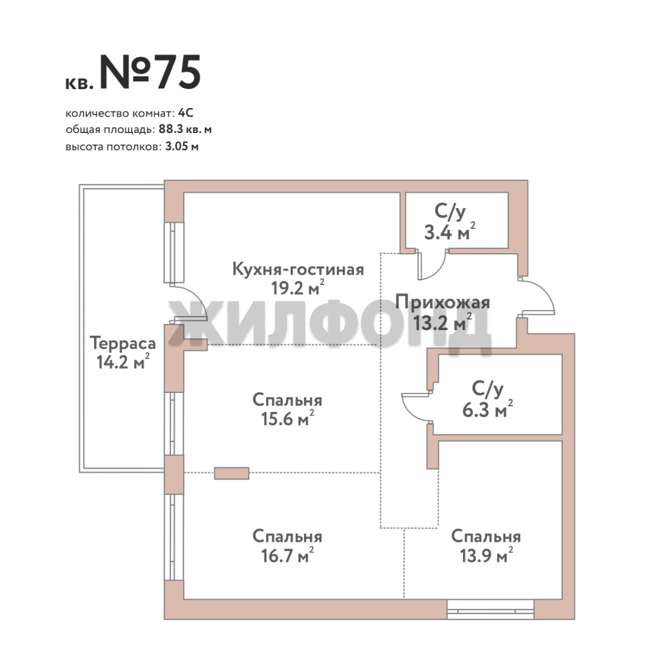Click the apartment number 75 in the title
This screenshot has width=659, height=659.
pos(178,72)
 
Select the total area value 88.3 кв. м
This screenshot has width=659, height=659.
pos(185,129)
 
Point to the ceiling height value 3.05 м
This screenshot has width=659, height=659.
pos(182,146)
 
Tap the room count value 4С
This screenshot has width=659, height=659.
pos(185,113)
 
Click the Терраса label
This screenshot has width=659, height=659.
pos(123,344)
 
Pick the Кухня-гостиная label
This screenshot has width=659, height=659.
pos(298,270)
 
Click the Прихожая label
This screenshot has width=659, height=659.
pos(442,303)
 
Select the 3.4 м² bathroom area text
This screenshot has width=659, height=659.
pos(450,232)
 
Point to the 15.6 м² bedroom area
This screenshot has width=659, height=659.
pos(287,419)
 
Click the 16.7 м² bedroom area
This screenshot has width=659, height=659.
pos(287,555)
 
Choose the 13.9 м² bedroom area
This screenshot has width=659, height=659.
pos(486,555)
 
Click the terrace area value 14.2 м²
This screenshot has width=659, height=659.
pos(123,362)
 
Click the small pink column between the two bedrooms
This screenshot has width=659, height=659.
pos(232,474)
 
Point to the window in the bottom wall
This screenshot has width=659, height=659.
pos(490,610)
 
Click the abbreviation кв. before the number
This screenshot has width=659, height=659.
pos(79,84)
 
